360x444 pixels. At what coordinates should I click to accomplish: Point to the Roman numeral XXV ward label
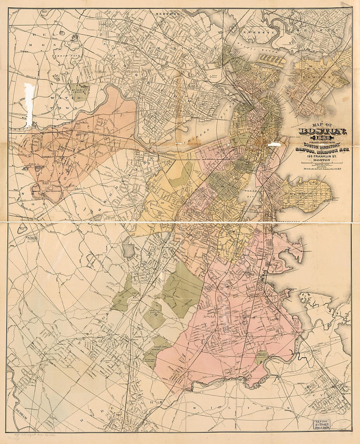(78, 135)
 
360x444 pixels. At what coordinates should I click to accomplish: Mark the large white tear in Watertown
(29, 105)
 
